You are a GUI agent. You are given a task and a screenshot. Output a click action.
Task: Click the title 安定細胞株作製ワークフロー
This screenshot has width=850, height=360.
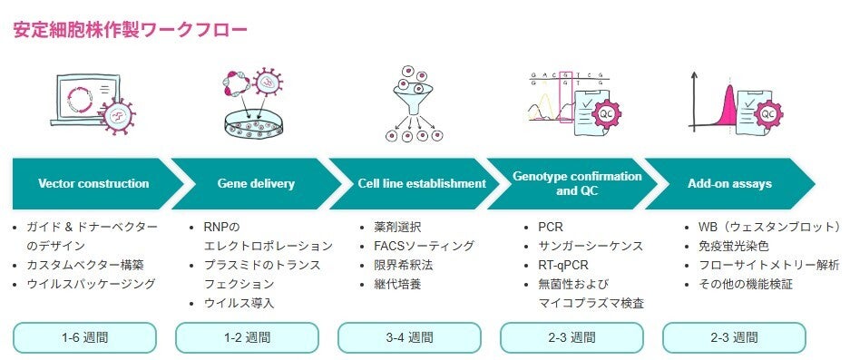pyautogui.click(x=130, y=30)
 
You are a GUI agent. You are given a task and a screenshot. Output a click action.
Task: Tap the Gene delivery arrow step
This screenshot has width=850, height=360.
pyautogui.click(x=256, y=183)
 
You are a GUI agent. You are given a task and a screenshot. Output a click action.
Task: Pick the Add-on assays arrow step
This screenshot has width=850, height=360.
pyautogui.click(x=729, y=183)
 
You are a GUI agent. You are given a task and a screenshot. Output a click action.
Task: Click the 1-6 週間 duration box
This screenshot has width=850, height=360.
pyautogui.click(x=84, y=337)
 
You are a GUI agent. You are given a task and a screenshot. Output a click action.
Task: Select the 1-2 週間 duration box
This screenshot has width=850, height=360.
pyautogui.click(x=247, y=337)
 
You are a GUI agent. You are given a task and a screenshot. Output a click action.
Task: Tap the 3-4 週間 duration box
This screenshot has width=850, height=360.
pyautogui.click(x=409, y=337)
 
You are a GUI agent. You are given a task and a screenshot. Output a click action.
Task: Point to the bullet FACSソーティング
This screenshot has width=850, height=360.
pyautogui.click(x=424, y=246)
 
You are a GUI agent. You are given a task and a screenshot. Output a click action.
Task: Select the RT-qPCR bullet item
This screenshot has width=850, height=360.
pyautogui.click(x=563, y=265)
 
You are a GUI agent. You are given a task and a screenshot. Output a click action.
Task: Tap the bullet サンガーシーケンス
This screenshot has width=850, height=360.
pyautogui.click(x=591, y=246)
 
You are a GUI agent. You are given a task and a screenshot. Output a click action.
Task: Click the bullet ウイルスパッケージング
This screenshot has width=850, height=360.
pyautogui.click(x=91, y=284)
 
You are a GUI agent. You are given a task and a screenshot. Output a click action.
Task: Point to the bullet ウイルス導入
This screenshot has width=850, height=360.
pyautogui.click(x=239, y=303)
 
